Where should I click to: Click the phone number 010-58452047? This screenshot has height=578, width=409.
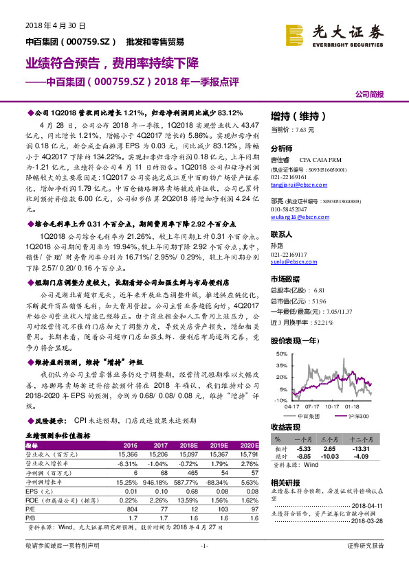(289, 208)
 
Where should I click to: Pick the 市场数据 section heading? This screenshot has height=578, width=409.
(285, 279)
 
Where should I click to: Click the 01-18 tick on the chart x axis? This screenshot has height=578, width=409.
(350, 406)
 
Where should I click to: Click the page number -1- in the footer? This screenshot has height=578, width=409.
(203, 564)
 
